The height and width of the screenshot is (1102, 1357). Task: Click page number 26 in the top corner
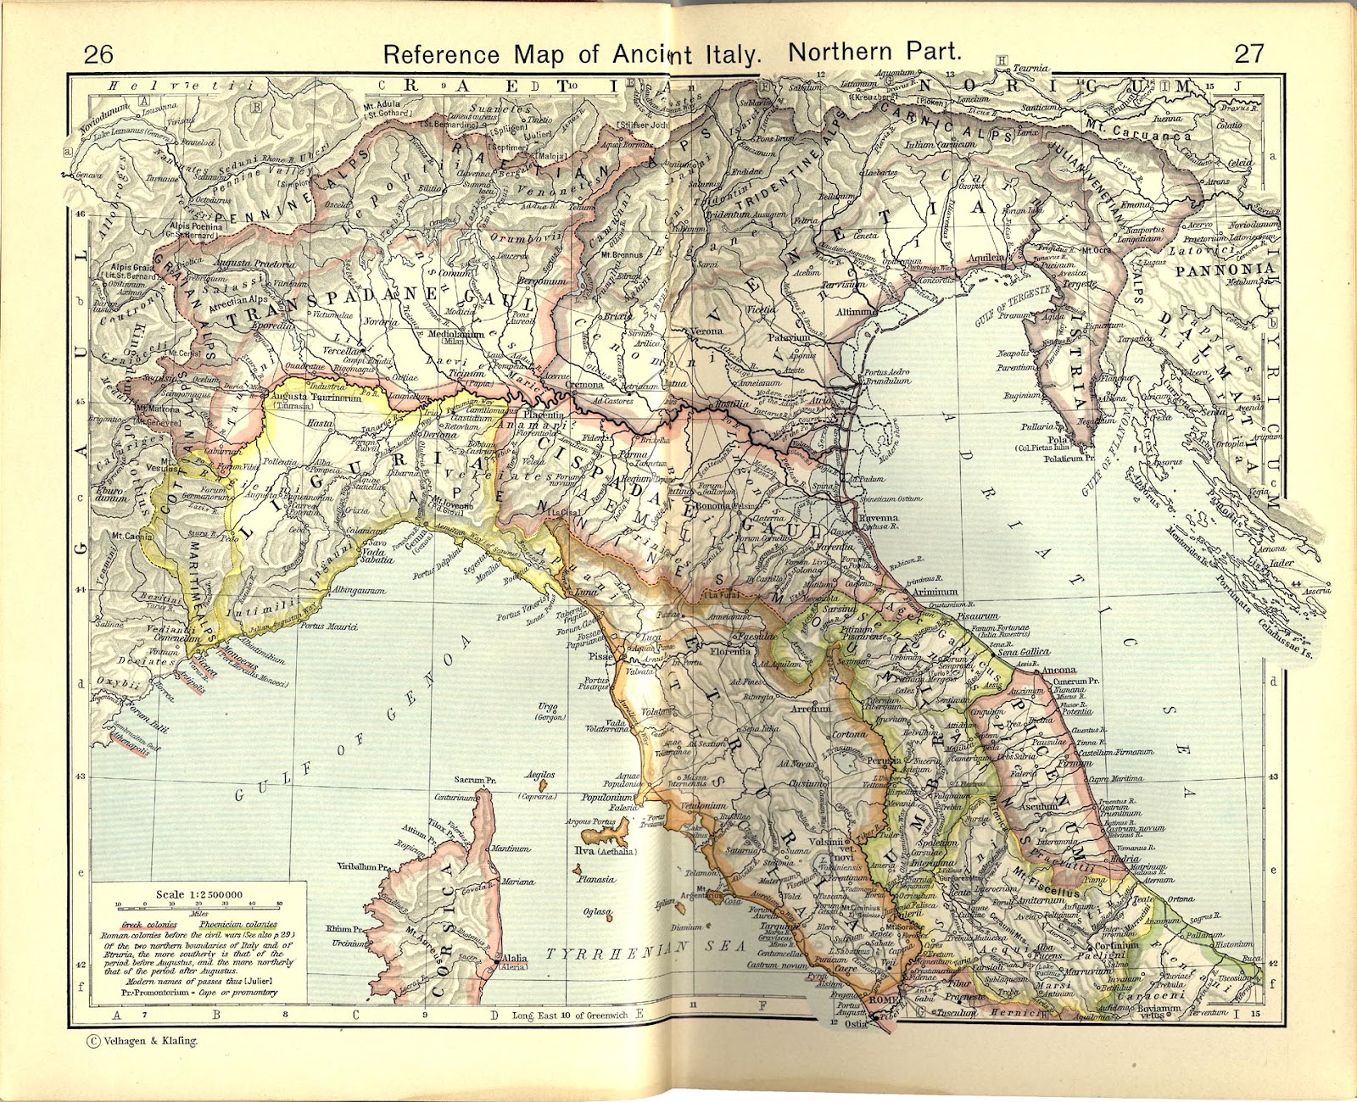98,54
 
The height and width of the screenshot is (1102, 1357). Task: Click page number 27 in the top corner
1248,53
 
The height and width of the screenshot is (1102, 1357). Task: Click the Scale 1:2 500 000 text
199,894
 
